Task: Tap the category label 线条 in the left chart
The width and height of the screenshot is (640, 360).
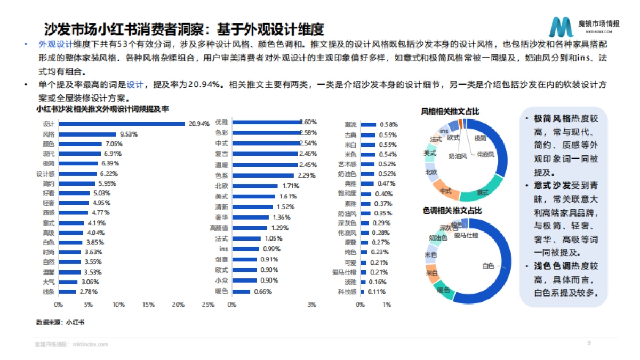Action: pos(49,292)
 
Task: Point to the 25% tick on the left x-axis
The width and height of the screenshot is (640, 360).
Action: pos(209,305)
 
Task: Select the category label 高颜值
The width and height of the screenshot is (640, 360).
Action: pos(221,228)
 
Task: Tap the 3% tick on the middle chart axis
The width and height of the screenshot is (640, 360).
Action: pos(312,305)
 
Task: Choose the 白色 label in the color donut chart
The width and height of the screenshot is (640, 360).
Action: pos(488,266)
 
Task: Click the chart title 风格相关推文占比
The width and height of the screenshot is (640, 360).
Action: pos(450,111)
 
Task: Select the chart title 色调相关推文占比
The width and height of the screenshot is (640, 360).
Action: pos(450,211)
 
